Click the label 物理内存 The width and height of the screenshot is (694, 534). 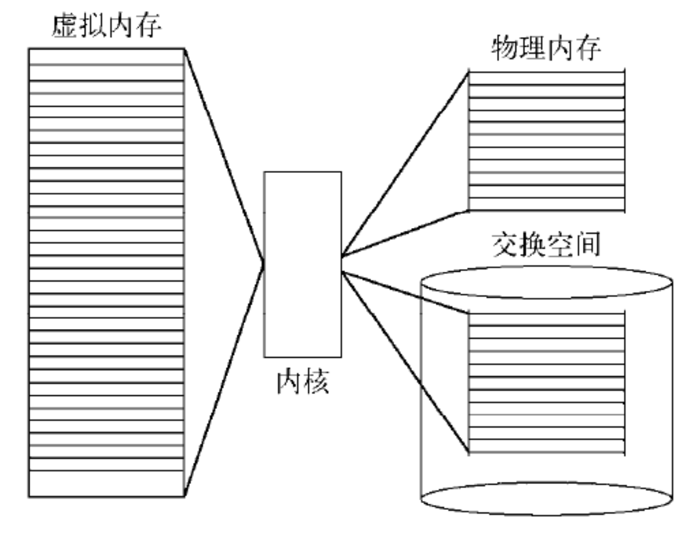click(546, 49)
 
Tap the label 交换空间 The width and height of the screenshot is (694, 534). click(546, 245)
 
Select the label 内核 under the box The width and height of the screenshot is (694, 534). click(303, 382)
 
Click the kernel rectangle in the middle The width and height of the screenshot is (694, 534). click(303, 264)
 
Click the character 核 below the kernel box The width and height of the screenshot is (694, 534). click(317, 382)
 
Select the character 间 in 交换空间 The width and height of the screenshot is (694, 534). click(587, 245)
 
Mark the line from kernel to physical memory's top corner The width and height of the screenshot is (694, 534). click(404, 165)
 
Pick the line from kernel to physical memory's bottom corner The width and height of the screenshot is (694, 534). click(404, 234)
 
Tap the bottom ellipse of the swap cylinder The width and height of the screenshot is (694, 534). click(546, 499)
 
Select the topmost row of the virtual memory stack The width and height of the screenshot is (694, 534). click(106, 56)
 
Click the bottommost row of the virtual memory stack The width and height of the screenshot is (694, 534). click(106, 486)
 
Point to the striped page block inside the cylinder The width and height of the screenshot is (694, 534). click(546, 382)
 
